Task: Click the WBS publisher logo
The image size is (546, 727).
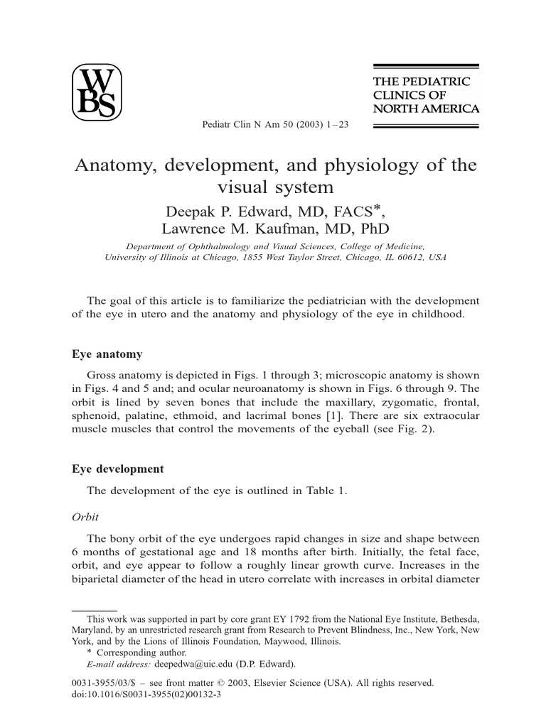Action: coord(97,93)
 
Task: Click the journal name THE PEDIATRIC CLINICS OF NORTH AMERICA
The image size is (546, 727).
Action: coord(426,95)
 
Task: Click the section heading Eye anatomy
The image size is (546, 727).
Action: coord(107,354)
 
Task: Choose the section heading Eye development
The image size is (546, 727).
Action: coord(118,469)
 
